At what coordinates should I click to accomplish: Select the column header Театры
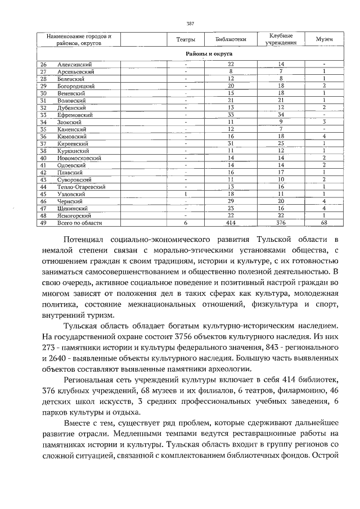(185, 39)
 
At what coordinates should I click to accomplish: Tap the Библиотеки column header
(231, 39)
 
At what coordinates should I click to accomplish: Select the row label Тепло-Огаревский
(82, 186)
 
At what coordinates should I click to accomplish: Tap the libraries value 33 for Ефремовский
(231, 115)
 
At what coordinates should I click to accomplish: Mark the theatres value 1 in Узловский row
(185, 193)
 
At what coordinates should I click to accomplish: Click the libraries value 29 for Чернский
(231, 201)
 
